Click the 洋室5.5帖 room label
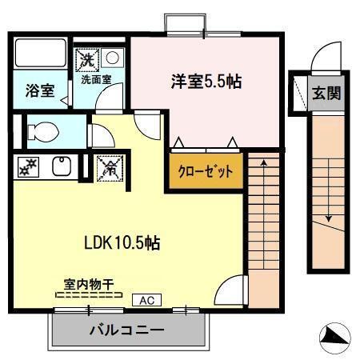click(206, 82)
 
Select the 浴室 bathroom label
click(39, 90)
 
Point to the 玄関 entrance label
click(326, 93)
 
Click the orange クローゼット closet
click(205, 171)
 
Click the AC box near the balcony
click(146, 301)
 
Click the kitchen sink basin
click(60, 167)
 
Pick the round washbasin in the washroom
click(111, 58)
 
